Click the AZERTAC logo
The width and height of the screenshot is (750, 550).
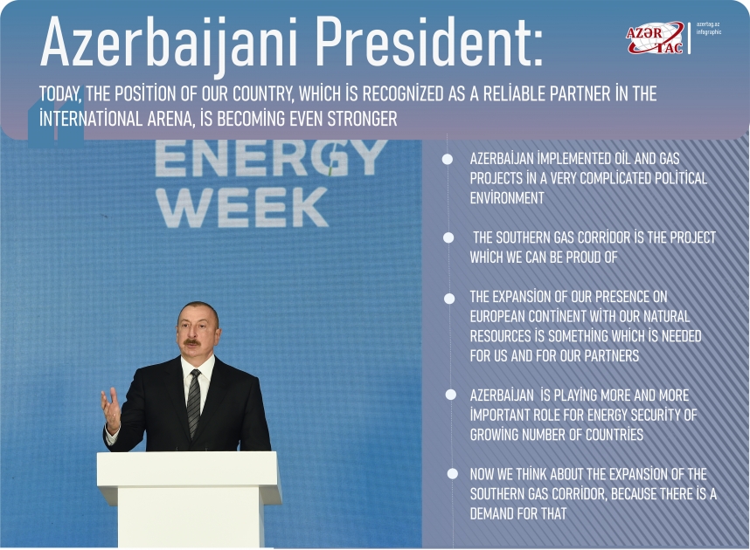tap(655, 37)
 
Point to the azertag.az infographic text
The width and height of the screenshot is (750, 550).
tap(708, 28)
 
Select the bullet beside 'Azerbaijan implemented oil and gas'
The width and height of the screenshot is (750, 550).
tap(448, 159)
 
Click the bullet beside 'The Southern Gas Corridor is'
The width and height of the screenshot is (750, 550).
tap(448, 237)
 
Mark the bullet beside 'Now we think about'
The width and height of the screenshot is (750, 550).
tap(452, 474)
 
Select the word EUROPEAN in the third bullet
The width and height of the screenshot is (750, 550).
tap(501, 316)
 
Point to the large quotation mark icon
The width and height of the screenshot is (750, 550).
tap(56, 122)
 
